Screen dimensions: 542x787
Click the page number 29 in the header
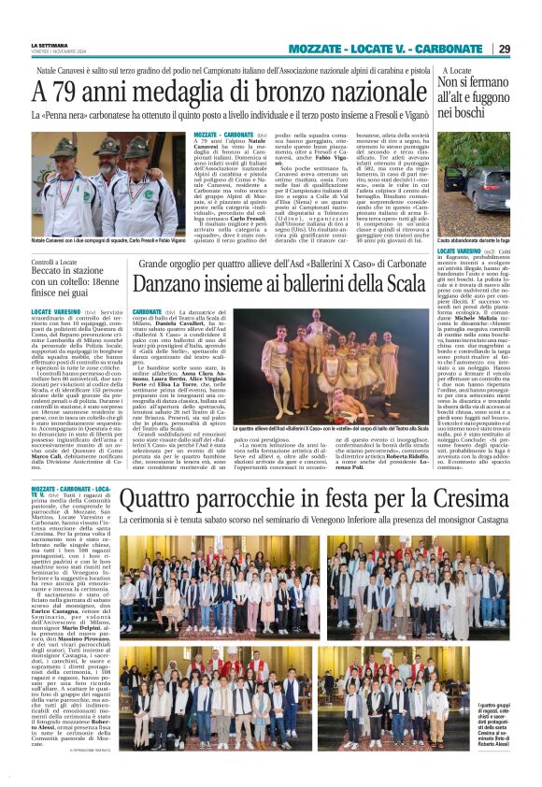click(x=528, y=48)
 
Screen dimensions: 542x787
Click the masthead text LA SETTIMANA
click(x=48, y=43)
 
